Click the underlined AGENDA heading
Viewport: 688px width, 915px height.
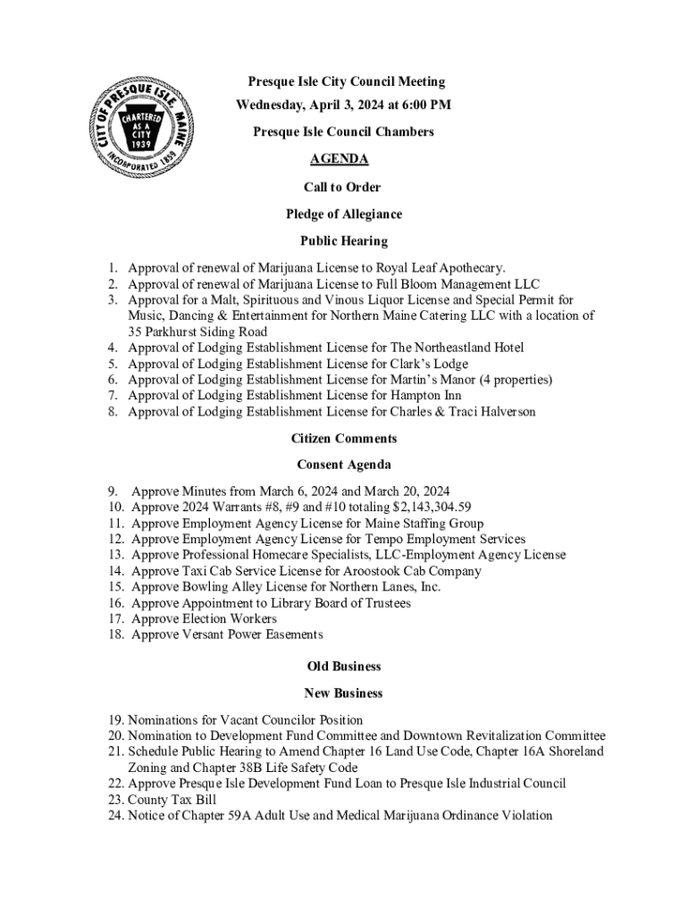pyautogui.click(x=339, y=160)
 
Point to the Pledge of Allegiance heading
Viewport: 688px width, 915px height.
pyautogui.click(x=343, y=214)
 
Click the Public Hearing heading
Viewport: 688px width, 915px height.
pyautogui.click(x=343, y=240)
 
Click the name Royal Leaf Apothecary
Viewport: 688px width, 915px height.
pyautogui.click(x=440, y=267)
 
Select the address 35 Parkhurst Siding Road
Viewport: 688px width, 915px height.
pyautogui.click(x=197, y=332)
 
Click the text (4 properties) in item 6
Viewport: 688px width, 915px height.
pyautogui.click(x=516, y=380)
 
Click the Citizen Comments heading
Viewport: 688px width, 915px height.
pyautogui.click(x=343, y=439)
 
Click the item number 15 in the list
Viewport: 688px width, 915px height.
pyautogui.click(x=116, y=587)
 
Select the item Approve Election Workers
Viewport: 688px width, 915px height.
pyautogui.click(x=204, y=619)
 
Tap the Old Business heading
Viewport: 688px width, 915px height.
pyautogui.click(x=343, y=667)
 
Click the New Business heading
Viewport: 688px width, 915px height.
pyautogui.click(x=343, y=693)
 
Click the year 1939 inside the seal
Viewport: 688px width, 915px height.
pyautogui.click(x=140, y=144)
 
